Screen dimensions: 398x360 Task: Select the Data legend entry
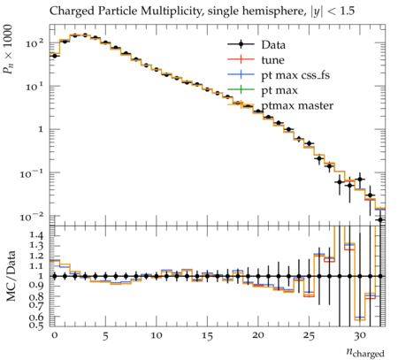pos(256,45)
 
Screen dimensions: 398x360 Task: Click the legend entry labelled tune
pos(256,60)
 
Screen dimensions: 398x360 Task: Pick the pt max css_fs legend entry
pos(279,75)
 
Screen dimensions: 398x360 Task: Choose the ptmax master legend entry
pos(280,105)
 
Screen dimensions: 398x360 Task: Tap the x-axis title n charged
pos(365,352)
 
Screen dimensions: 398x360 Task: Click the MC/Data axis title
pos(11,276)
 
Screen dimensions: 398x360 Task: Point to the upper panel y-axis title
pos(8,50)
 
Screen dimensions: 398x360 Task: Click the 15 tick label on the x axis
pos(207,335)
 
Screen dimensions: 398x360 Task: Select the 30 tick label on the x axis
pos(360,335)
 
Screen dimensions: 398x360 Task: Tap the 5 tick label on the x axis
pos(105,335)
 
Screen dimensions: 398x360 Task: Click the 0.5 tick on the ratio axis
pos(36,325)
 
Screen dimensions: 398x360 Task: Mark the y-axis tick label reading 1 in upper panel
pos(41,129)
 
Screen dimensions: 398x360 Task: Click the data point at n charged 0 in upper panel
pos(55,56)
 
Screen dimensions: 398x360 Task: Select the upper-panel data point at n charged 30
pos(360,179)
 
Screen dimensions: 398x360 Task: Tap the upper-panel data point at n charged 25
pos(309,143)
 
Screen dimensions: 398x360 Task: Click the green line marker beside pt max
pos(241,90)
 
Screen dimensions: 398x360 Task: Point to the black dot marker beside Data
pos(241,44)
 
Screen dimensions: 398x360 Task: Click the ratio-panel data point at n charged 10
pos(157,276)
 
